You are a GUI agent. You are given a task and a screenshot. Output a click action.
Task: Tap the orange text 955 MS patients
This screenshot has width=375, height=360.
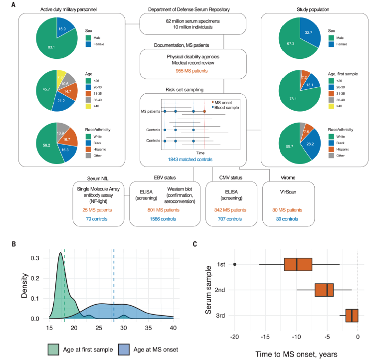point(192,71)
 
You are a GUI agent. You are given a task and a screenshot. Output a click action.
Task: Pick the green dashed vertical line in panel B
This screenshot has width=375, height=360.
point(64,279)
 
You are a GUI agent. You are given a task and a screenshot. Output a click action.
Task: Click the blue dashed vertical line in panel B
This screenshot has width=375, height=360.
point(114,279)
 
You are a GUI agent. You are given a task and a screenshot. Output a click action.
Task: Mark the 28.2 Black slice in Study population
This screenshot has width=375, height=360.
point(312,145)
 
